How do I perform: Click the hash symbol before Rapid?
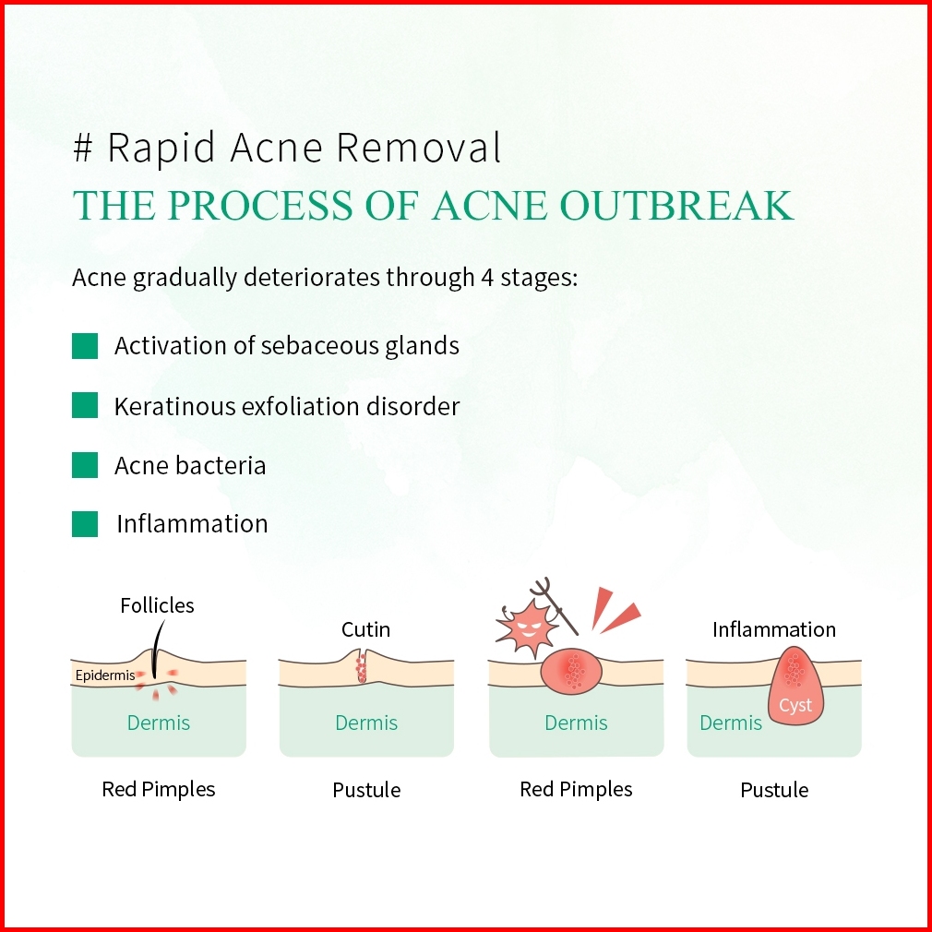tap(83, 148)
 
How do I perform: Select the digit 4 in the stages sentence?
tap(487, 278)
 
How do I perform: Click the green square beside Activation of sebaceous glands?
tap(85, 346)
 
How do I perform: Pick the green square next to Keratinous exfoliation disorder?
tap(85, 405)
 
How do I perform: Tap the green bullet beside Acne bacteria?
tap(85, 465)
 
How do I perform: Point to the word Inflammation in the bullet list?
tap(192, 523)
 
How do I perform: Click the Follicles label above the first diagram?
tap(157, 605)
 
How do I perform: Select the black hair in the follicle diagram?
tap(157, 649)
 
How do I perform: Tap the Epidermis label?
tap(105, 675)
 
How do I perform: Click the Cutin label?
tap(365, 629)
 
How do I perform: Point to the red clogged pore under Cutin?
tap(362, 668)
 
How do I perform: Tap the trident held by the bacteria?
tap(554, 605)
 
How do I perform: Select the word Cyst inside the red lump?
tap(795, 706)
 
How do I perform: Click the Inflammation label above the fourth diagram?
tap(774, 629)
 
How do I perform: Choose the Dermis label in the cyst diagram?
tap(731, 723)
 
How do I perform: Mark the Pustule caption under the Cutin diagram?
tap(366, 790)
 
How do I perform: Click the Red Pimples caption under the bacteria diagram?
tap(576, 789)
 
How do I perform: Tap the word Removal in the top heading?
tap(419, 148)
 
